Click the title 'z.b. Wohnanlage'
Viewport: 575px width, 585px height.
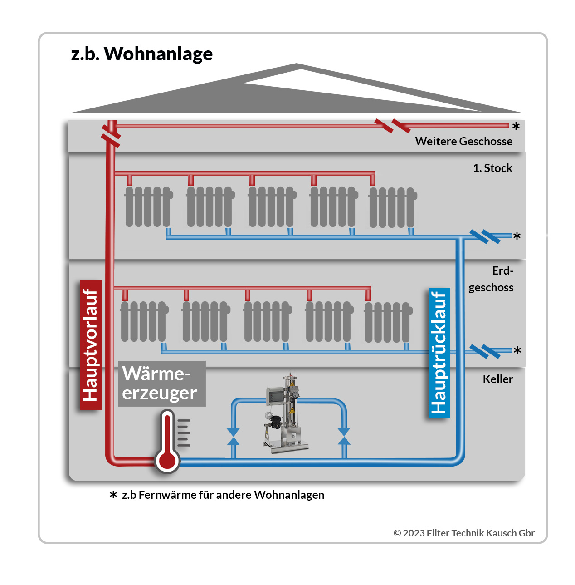pyautogui.click(x=141, y=54)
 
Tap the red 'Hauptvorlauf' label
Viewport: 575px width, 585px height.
pyautogui.click(x=91, y=345)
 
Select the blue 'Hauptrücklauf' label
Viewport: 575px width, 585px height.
pyautogui.click(x=439, y=353)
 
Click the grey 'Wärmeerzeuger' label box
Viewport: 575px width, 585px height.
pyautogui.click(x=161, y=383)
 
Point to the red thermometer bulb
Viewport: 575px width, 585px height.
pyautogui.click(x=167, y=460)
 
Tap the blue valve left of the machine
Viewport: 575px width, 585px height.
pyautogui.click(x=233, y=436)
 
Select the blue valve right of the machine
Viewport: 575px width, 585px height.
pyautogui.click(x=344, y=436)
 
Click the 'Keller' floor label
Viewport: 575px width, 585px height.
pyautogui.click(x=497, y=379)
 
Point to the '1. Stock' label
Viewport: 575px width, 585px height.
pyautogui.click(x=492, y=168)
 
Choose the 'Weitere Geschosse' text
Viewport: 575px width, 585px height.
pyautogui.click(x=463, y=141)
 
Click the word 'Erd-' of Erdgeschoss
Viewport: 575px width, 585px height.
pyautogui.click(x=502, y=270)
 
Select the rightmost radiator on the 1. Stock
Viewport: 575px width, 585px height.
pyautogui.click(x=392, y=207)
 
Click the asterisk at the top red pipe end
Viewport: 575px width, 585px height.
pyautogui.click(x=516, y=126)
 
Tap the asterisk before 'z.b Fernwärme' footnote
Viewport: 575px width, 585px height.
pyautogui.click(x=113, y=495)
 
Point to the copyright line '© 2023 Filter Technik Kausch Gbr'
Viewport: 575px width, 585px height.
pyautogui.click(x=464, y=533)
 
